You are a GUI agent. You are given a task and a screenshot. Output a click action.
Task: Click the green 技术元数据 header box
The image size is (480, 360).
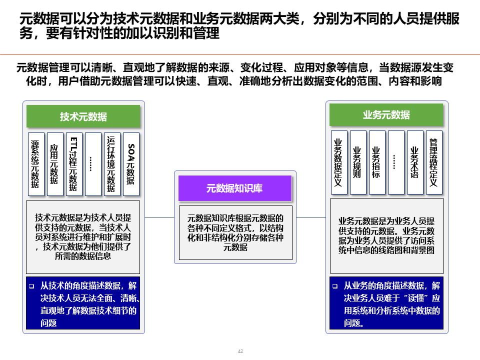tap(83, 116)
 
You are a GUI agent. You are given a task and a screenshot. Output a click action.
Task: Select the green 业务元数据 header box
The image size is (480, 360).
tap(386, 115)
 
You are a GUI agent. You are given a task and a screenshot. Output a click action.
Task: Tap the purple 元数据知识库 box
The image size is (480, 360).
tap(235, 188)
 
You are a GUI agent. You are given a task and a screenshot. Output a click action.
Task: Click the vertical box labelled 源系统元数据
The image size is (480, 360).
tap(35, 164)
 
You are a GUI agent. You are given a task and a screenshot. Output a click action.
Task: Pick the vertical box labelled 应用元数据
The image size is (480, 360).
tap(54, 164)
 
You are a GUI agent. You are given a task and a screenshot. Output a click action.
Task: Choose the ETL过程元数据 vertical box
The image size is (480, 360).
tap(73, 164)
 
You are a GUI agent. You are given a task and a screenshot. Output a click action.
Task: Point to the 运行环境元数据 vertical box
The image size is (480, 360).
tap(111, 164)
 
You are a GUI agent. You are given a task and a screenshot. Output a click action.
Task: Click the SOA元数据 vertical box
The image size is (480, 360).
tap(131, 164)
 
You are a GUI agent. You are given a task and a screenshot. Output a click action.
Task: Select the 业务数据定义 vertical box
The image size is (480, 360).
tap(338, 162)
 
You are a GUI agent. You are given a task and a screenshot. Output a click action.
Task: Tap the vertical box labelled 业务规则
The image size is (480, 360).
tap(357, 162)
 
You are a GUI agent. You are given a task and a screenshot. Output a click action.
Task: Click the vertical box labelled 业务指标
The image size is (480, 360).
tap(376, 162)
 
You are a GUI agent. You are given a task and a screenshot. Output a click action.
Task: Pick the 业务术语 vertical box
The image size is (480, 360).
tap(414, 162)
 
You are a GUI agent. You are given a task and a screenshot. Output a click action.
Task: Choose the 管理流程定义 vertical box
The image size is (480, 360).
tap(433, 162)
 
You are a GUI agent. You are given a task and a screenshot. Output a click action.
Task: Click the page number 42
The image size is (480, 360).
tap(240, 352)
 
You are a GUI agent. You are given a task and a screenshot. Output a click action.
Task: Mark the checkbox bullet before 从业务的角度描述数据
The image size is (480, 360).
tap(334, 287)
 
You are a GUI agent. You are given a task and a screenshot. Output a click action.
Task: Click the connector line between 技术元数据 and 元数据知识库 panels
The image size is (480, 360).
tap(159, 217)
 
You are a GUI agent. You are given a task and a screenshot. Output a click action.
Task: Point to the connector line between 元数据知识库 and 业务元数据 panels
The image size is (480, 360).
tap(311, 217)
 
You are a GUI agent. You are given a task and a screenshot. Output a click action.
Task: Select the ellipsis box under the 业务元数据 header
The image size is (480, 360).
tap(395, 162)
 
